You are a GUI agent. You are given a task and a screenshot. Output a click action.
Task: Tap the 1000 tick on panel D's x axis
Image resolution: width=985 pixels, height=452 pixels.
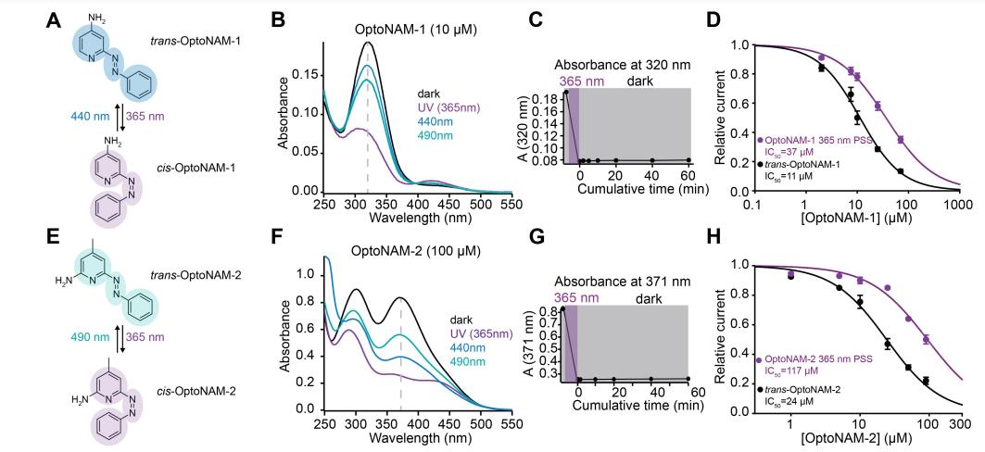tap(957, 201)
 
